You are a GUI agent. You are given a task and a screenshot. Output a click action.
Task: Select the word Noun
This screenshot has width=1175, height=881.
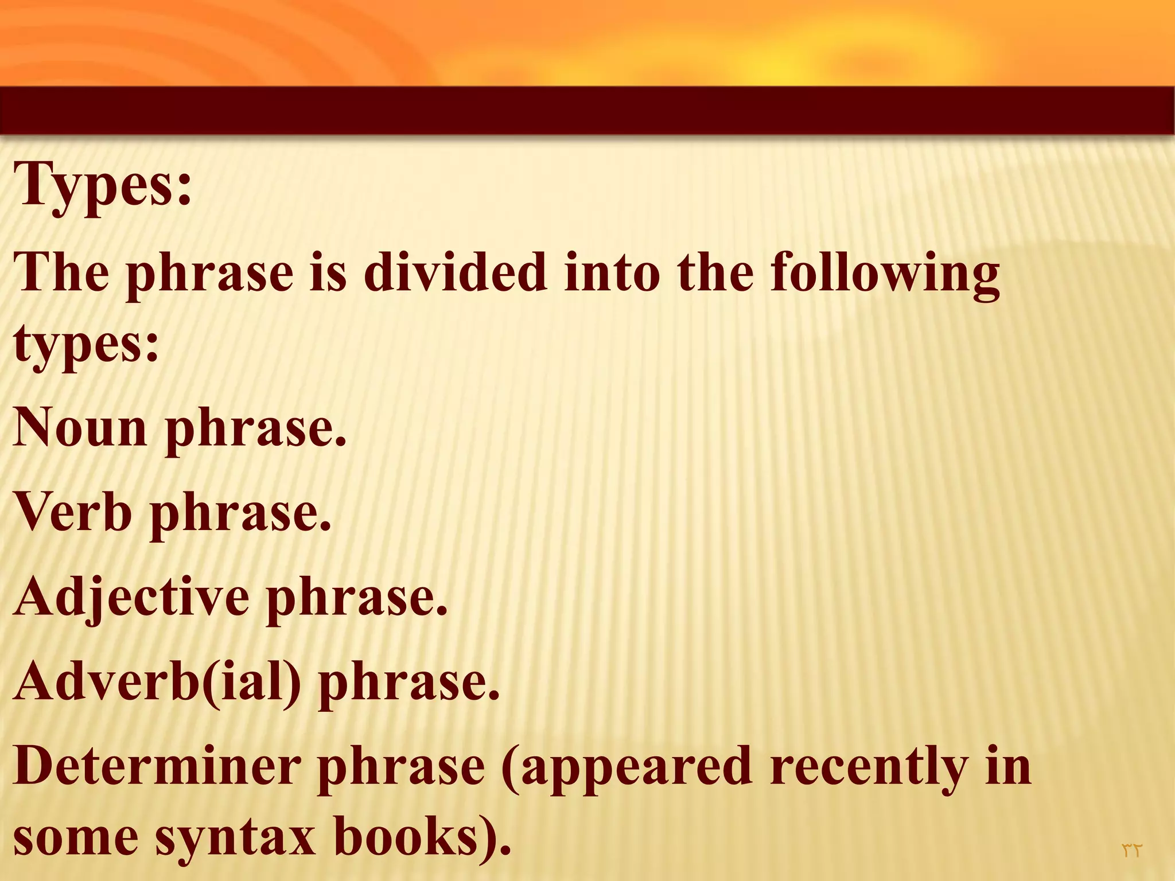click(x=80, y=427)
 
